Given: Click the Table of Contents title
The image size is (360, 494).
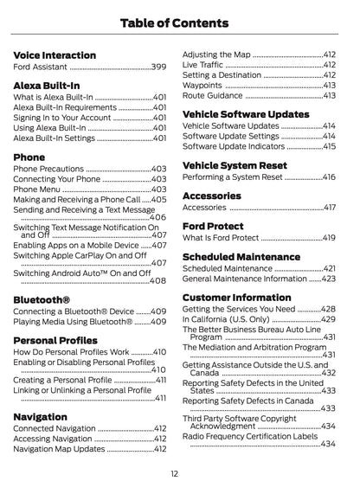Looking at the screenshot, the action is click(x=180, y=23).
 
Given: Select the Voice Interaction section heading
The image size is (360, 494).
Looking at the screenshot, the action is click(x=55, y=55).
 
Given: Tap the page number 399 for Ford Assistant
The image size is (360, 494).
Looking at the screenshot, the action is click(x=159, y=67).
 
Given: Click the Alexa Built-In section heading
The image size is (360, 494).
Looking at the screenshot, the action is click(x=47, y=87).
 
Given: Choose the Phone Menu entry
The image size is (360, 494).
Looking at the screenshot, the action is click(x=37, y=189).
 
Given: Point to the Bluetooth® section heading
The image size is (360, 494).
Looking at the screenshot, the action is click(x=42, y=299).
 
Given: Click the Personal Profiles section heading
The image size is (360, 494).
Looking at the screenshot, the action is click(x=55, y=341).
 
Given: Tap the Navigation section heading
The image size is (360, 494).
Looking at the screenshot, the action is click(x=40, y=417).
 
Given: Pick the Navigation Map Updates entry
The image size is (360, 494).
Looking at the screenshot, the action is click(x=59, y=450).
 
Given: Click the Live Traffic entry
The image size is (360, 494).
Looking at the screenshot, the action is click(x=204, y=64).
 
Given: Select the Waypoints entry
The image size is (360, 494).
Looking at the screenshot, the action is click(x=203, y=86).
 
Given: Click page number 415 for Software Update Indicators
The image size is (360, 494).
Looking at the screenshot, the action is click(x=329, y=147).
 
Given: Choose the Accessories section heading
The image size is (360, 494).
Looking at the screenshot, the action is click(x=212, y=196).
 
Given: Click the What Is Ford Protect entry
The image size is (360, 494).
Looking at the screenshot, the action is click(x=221, y=238).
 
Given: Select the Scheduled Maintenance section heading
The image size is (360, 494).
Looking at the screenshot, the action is click(x=241, y=257).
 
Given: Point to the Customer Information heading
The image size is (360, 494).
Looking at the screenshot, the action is click(x=236, y=298).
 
